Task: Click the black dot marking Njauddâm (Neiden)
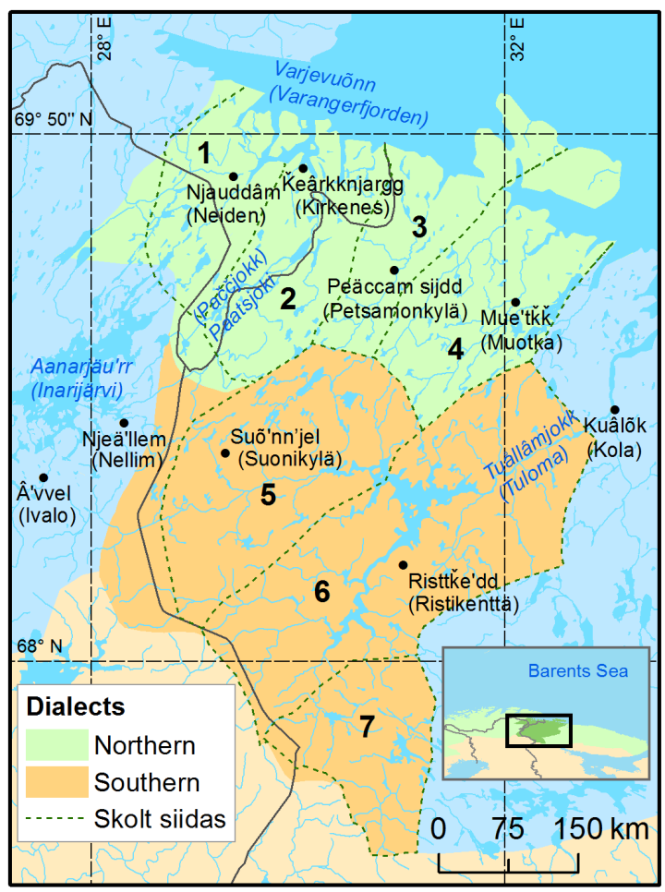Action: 233,176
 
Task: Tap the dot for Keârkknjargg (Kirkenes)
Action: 303,168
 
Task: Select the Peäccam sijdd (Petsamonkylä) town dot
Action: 393,270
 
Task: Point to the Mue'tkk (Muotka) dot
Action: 515,302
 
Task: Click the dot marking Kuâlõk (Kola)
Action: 614,410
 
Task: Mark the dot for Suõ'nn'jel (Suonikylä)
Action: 224,452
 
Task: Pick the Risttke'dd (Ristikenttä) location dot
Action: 403,564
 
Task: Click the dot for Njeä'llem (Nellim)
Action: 125,423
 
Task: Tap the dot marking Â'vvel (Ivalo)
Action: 43,477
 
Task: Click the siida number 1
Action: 204,152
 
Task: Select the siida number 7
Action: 367,727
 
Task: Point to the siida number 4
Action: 455,350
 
